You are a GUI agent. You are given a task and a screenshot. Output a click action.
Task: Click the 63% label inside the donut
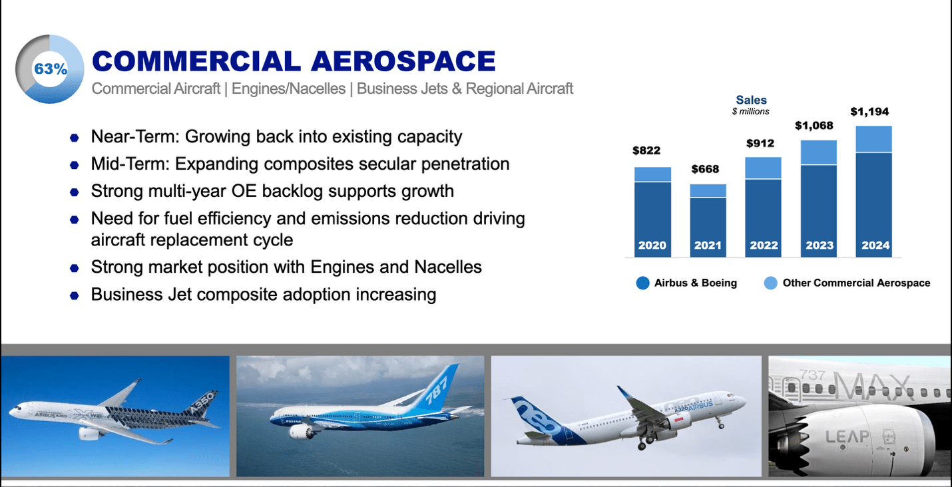point(51,69)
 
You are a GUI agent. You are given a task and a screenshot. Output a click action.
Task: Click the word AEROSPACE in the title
point(403,61)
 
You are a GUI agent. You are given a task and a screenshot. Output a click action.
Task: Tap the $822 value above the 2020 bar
point(646,150)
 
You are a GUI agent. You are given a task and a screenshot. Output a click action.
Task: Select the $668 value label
point(705,169)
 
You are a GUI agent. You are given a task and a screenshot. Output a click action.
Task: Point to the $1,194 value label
point(869,112)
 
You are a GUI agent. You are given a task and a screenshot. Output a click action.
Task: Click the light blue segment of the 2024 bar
point(874,139)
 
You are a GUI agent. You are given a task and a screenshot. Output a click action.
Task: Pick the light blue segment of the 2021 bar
point(708,191)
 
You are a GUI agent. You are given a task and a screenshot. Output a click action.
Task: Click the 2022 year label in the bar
point(764,245)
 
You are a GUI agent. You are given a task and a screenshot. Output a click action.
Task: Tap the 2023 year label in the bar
point(820,245)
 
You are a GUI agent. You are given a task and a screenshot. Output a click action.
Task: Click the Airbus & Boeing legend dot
point(642,283)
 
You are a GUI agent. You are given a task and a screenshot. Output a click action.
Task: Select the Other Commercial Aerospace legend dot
point(770,283)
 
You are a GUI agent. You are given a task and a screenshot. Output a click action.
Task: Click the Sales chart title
point(752,100)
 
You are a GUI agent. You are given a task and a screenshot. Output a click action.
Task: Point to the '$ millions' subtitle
point(750,111)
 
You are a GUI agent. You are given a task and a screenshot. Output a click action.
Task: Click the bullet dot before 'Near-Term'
point(75,138)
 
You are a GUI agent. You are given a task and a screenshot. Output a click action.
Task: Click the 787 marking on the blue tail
point(437,389)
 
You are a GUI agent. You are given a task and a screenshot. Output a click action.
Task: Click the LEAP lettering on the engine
point(847,436)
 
